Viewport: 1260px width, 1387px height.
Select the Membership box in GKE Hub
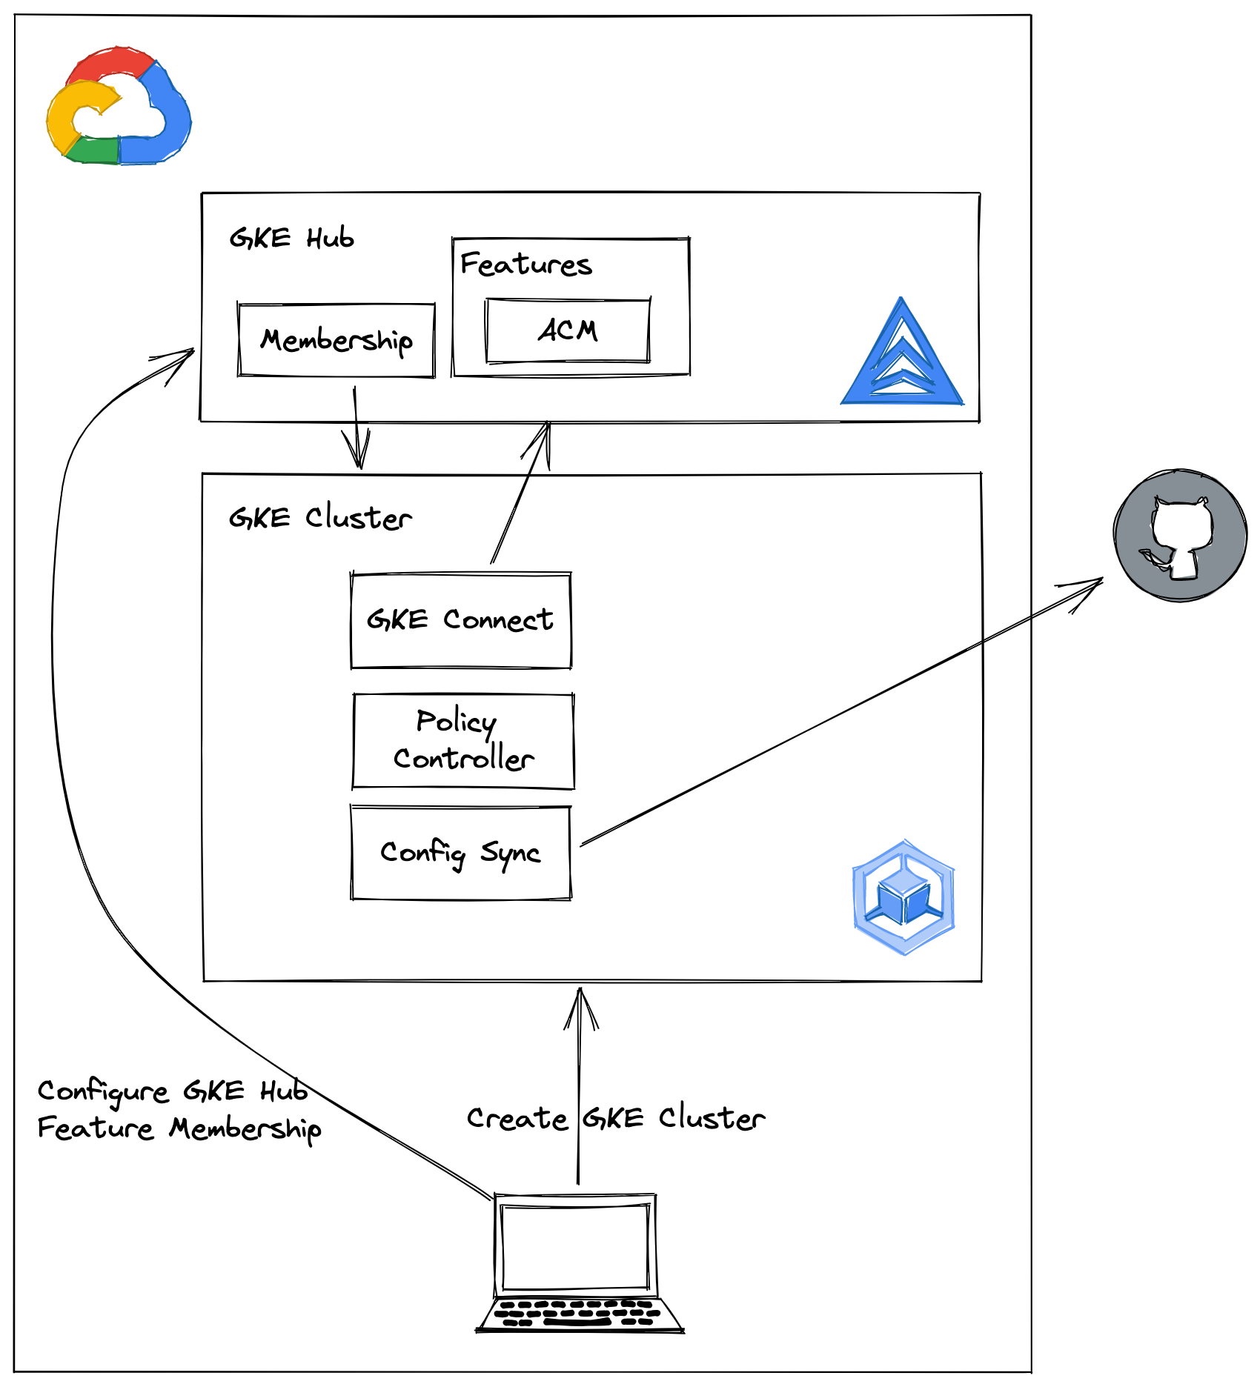336,340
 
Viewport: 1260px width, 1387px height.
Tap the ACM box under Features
568,330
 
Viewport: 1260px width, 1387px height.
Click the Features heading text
525,265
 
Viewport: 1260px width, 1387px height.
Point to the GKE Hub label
291,239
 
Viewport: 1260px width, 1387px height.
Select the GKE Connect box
460,620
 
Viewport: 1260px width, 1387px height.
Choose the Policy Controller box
463,740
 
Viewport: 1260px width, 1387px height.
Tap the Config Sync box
460,853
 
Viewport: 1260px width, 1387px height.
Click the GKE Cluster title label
320,518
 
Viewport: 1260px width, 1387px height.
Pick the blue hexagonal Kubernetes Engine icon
903,897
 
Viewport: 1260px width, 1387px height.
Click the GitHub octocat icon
1180,535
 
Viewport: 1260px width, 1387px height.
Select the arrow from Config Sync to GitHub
838,714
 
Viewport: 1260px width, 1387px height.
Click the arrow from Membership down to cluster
357,428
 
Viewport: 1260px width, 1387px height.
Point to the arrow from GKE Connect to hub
521,492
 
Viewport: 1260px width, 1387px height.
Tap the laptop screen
575,1246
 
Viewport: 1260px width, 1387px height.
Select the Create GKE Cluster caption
615,1118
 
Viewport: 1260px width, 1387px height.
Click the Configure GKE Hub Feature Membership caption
179,1110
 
